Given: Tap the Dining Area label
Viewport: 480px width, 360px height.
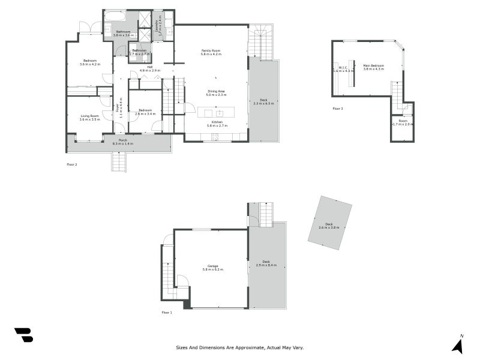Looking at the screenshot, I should (216, 92).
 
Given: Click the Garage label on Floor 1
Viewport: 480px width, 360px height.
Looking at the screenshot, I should (212, 268).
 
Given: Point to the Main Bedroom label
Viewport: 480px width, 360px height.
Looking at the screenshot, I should (373, 67).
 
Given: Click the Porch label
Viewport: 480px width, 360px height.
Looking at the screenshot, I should (122, 142).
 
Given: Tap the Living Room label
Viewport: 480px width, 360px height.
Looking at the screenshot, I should (90, 117).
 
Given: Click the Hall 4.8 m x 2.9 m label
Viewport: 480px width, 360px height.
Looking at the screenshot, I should (150, 68).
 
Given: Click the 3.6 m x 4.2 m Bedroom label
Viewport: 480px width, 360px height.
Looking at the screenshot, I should (90, 62).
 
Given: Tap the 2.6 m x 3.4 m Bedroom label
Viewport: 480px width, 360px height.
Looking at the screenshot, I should (145, 112).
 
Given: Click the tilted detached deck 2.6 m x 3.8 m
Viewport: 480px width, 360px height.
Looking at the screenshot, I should (329, 226).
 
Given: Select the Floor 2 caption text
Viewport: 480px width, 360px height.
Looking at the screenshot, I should (71, 164).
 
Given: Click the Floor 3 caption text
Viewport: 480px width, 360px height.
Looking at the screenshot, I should (338, 109).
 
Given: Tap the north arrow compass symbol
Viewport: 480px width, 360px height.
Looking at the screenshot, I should (457, 346).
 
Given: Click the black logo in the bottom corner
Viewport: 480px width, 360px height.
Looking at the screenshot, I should (23, 335).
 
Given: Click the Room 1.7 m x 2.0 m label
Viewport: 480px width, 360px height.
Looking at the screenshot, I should (403, 122).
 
